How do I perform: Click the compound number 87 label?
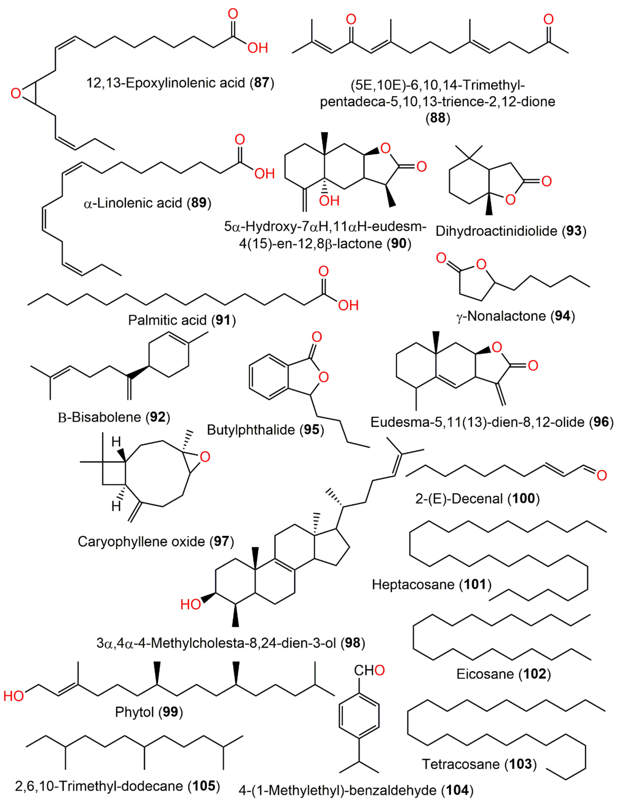point(262,83)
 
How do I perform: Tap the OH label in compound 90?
point(329,201)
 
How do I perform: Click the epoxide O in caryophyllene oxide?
point(205,457)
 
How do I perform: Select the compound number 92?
point(158,417)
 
